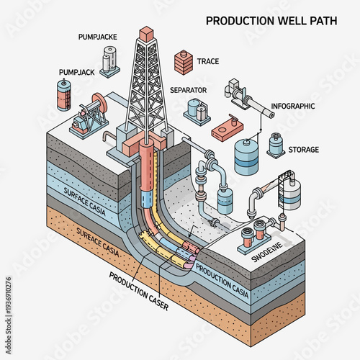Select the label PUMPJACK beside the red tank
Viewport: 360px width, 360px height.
coord(76,73)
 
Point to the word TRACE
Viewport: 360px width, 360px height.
coord(207,62)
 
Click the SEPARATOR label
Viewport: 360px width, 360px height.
coord(189,90)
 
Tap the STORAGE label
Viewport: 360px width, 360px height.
coord(303,150)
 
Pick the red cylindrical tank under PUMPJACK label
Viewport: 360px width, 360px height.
coord(64,95)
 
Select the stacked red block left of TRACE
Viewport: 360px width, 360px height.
coord(184,62)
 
